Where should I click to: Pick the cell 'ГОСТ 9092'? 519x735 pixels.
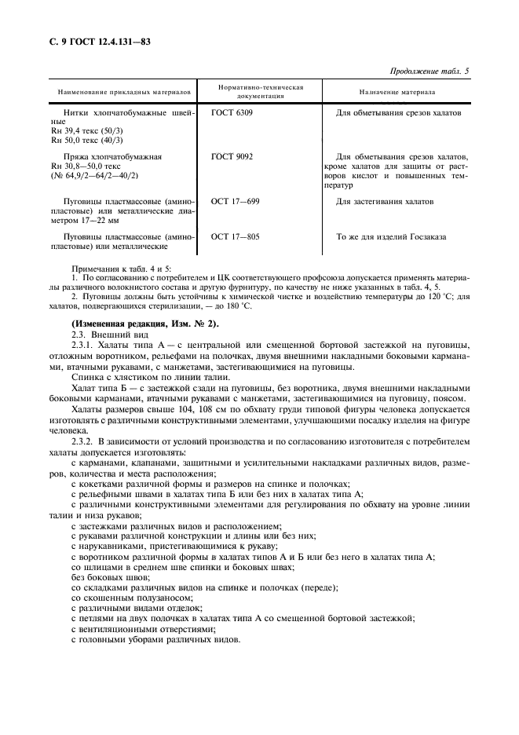pyautogui.click(x=232, y=157)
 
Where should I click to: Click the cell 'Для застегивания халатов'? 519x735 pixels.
pyautogui.click(x=384, y=202)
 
